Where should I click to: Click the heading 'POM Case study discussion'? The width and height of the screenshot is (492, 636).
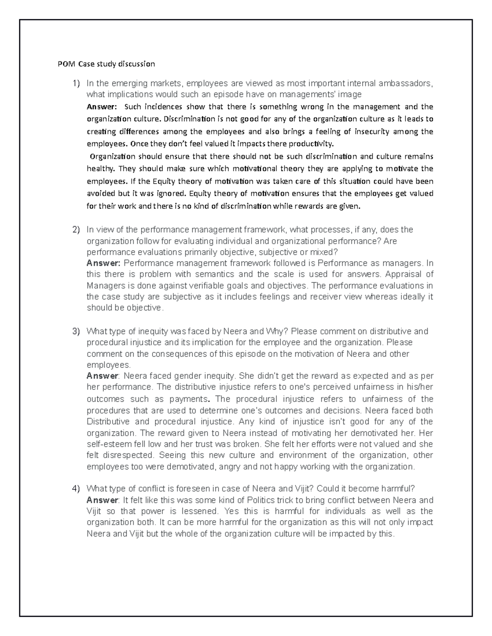(106, 64)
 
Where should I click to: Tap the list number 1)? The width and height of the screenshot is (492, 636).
(76, 84)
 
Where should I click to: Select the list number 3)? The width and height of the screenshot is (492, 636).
(76, 331)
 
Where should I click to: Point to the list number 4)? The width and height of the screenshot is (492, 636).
(76, 489)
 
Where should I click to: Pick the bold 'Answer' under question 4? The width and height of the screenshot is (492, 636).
(102, 500)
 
